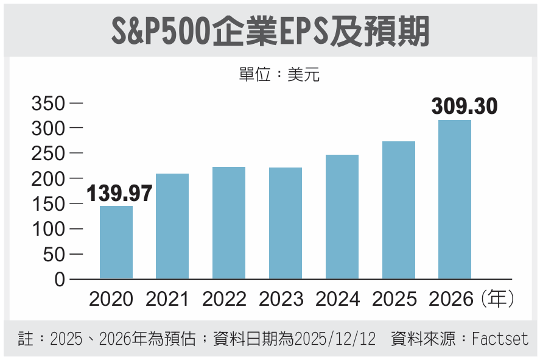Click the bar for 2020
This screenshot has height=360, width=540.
point(116,242)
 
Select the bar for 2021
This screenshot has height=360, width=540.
point(172,227)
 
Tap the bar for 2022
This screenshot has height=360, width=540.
point(229,223)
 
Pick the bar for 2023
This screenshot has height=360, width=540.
point(286,224)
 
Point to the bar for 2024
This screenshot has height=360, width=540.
point(342,217)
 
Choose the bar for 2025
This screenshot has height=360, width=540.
point(398,210)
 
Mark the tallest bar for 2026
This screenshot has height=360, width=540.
point(455,200)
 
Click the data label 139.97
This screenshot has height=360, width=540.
point(119,194)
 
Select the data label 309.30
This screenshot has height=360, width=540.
point(465,107)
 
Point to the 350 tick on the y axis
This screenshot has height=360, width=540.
point(48,104)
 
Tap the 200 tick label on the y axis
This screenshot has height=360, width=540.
point(48,179)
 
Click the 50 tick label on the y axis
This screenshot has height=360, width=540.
point(53,255)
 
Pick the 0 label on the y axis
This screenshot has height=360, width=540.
point(60,280)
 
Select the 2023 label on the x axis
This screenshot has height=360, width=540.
point(281,299)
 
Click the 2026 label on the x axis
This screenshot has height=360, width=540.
point(451,299)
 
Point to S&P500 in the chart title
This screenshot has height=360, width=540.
point(161,30)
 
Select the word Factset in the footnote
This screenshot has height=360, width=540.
point(500,339)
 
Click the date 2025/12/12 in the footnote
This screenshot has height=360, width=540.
point(335,339)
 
